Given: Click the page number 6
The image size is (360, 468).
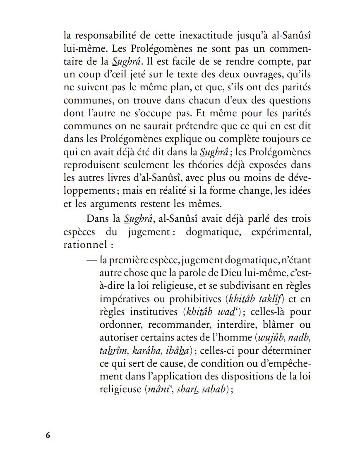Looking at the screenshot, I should [x=48, y=436].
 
